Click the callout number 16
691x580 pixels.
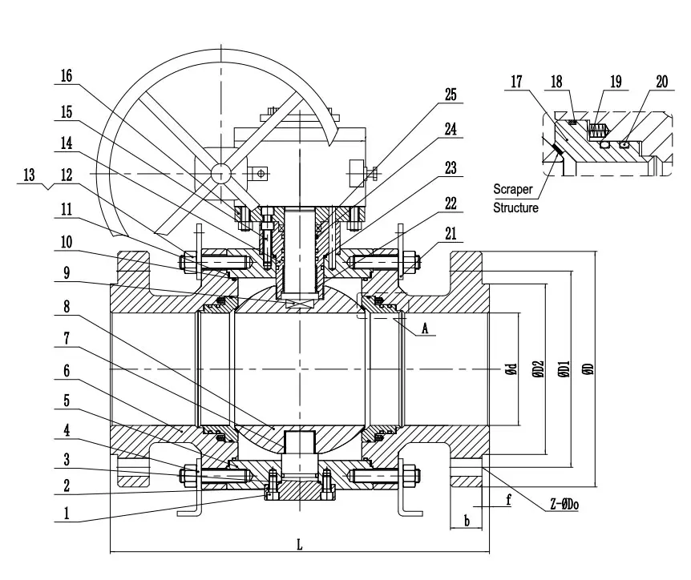66,76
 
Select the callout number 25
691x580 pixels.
451,95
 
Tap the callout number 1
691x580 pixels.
67,513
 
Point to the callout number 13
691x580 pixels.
29,175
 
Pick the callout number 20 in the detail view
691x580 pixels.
662,82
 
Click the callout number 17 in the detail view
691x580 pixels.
516,82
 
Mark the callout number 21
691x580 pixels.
451,233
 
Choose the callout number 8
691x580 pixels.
67,306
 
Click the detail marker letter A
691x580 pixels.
425,328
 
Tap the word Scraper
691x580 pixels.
513,189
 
